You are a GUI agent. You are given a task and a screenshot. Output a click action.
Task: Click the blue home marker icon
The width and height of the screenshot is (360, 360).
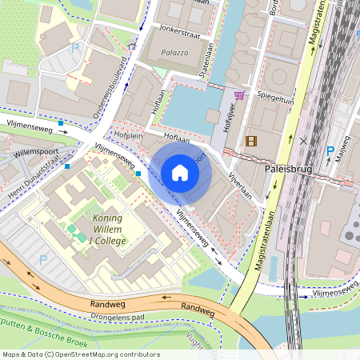click(x=180, y=173)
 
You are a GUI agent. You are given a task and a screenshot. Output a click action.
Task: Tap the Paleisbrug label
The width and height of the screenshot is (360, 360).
click(x=286, y=170)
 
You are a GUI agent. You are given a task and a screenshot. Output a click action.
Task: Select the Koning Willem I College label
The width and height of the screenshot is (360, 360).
click(x=118, y=231)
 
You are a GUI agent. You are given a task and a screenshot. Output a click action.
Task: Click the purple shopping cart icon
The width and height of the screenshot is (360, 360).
click(x=238, y=95)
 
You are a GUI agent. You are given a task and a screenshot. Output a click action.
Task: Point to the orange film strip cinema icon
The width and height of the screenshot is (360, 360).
click(x=252, y=142)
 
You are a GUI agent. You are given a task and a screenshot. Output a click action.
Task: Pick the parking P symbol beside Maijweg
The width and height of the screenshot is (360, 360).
click(x=330, y=150)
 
